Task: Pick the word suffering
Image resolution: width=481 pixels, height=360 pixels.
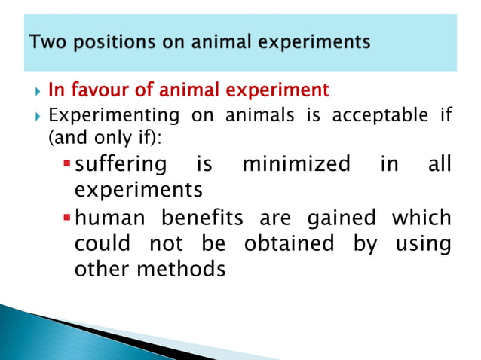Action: coord(122,164)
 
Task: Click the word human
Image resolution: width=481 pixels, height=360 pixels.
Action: coord(112,218)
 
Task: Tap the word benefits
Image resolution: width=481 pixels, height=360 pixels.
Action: coord(203,218)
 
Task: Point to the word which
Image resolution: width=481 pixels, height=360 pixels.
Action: coord(421,218)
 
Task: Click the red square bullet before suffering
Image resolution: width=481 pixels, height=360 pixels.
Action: coord(67,164)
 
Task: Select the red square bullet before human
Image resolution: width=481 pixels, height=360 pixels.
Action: coord(67,218)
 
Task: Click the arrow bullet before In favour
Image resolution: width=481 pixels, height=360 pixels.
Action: coord(38,92)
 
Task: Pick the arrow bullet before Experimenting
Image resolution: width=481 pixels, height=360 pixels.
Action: coord(38,117)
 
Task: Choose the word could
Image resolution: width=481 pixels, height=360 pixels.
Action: coord(104,244)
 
